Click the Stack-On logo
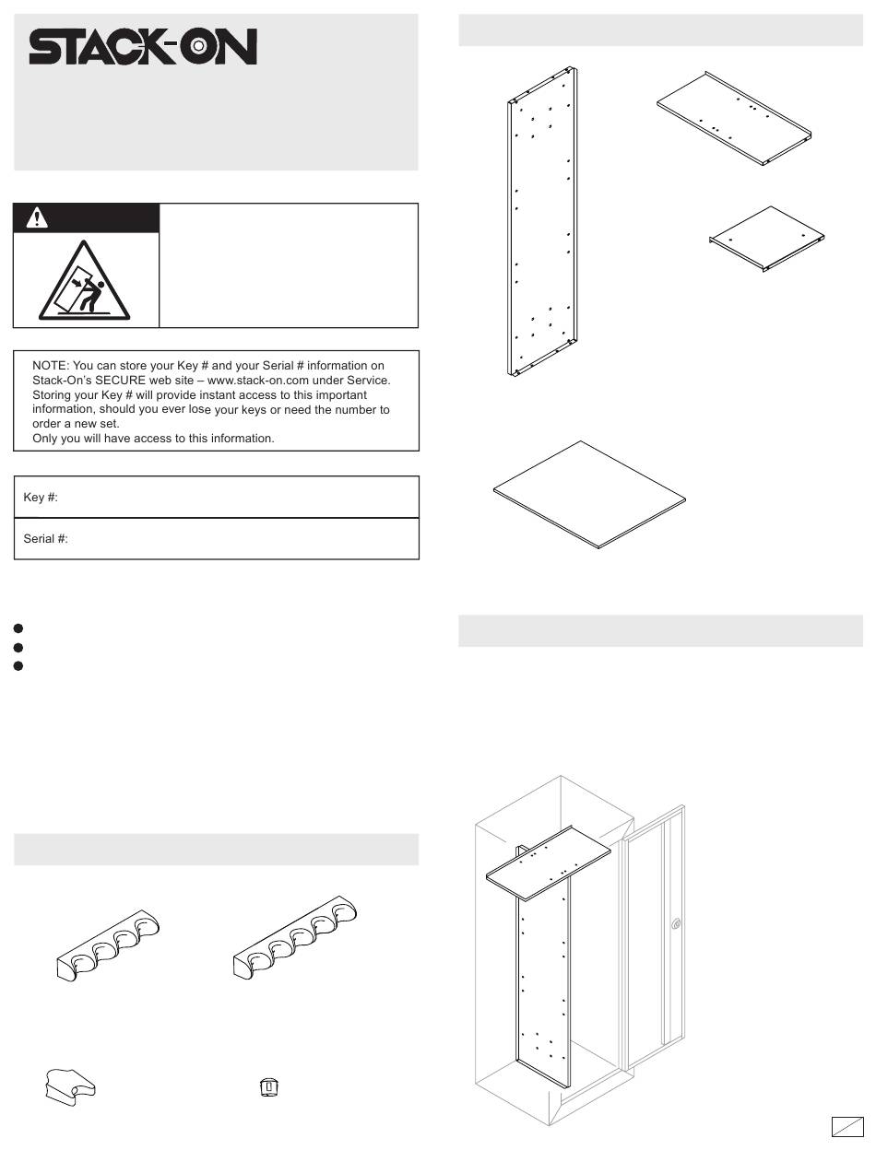pos(143,46)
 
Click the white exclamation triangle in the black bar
pos(37,217)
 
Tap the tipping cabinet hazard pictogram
pos(84,281)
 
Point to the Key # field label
pos(41,498)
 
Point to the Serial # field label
pos(45,538)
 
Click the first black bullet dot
pos(18,628)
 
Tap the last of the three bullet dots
pos(18,666)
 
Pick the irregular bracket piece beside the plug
pos(70,1087)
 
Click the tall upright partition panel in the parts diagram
pos(542,222)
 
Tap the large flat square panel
pos(589,495)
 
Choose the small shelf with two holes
pos(766,239)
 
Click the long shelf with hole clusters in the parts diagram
pos(734,118)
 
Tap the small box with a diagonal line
pos(847,1126)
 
